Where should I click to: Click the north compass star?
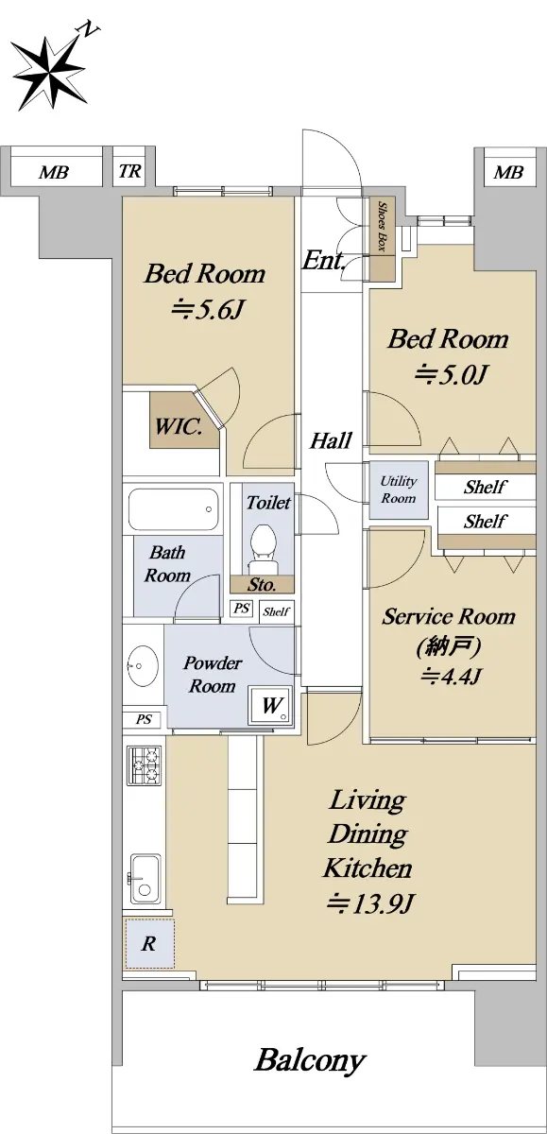[x=49, y=74]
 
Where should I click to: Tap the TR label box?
[x=130, y=171]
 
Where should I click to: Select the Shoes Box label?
[x=382, y=226]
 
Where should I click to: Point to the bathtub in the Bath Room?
[x=173, y=509]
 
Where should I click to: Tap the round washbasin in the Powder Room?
[x=143, y=665]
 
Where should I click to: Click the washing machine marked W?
[x=271, y=705]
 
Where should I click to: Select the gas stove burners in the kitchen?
[x=145, y=766]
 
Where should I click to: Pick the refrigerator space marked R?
[x=149, y=944]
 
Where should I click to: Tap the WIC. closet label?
[x=179, y=426]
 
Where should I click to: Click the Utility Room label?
[x=399, y=490]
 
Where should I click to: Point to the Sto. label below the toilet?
[x=262, y=585]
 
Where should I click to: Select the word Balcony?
[x=310, y=1059]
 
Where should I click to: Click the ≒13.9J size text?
[x=371, y=902]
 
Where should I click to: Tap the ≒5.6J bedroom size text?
[x=209, y=310]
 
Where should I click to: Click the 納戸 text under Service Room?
[x=449, y=646]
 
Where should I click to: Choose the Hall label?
[x=331, y=440]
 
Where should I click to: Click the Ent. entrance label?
[x=324, y=260]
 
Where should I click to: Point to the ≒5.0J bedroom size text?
[x=451, y=374]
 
